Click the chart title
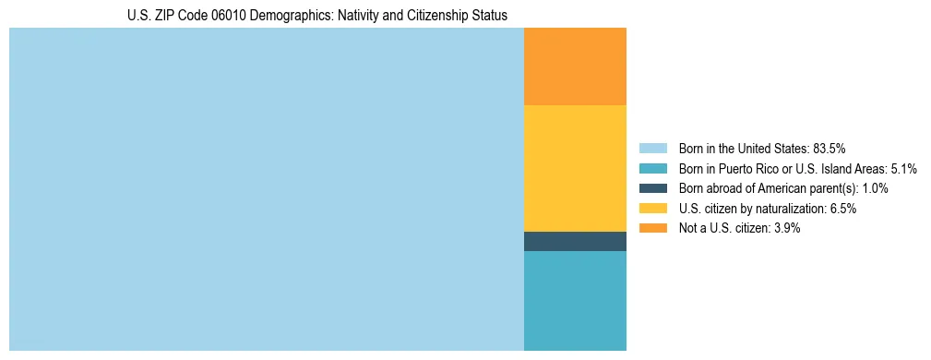pos(316,16)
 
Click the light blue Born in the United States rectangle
pos(266,189)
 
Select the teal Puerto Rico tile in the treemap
pos(575,301)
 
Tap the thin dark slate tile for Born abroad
pos(575,241)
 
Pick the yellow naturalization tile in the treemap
pos(575,168)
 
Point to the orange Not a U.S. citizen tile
pos(575,66)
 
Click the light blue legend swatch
pos(652,148)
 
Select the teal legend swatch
pos(652,168)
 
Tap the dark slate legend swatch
pos(652,188)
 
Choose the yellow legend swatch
pos(652,209)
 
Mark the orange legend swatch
pos(652,228)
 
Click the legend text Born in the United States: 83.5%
pos(762,148)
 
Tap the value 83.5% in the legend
pos(830,148)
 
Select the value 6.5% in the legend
pos(843,209)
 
